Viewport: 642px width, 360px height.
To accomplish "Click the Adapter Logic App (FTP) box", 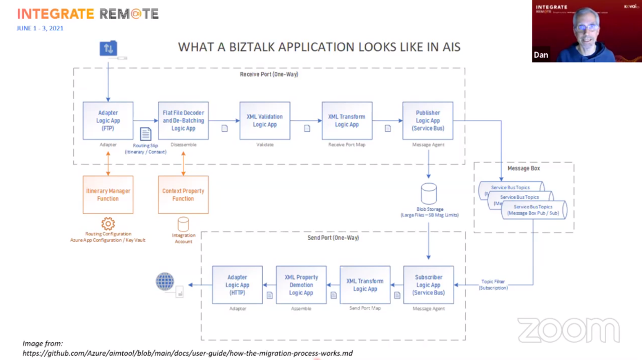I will point(108,121).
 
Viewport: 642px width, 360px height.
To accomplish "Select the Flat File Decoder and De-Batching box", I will point(183,121).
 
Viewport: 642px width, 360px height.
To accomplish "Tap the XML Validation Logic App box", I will point(265,121).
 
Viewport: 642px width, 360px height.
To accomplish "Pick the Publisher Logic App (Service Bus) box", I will point(428,121).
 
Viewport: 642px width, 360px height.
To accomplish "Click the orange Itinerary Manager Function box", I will point(108,195).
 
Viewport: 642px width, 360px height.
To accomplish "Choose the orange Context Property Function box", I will point(183,195).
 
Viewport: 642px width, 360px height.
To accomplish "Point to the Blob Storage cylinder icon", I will point(428,194).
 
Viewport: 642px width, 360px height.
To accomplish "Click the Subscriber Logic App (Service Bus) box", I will point(428,285).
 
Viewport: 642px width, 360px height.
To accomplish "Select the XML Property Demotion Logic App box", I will point(301,285).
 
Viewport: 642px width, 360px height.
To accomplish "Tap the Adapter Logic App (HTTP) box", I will point(237,285).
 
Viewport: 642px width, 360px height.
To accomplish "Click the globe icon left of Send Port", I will point(165,282).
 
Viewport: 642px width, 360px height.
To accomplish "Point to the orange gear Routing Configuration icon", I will point(108,223).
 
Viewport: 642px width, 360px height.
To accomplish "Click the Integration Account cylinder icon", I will point(183,224).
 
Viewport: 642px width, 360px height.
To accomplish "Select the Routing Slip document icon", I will point(145,134).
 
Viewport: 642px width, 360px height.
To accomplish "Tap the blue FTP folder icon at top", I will point(108,48).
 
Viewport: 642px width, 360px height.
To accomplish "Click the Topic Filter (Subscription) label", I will point(493,285).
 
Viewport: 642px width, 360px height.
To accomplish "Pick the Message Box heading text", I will point(524,168).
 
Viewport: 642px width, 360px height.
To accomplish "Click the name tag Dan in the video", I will point(541,55).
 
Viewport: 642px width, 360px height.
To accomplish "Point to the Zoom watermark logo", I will point(568,330).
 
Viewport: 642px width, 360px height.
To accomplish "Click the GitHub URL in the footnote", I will point(187,353).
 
